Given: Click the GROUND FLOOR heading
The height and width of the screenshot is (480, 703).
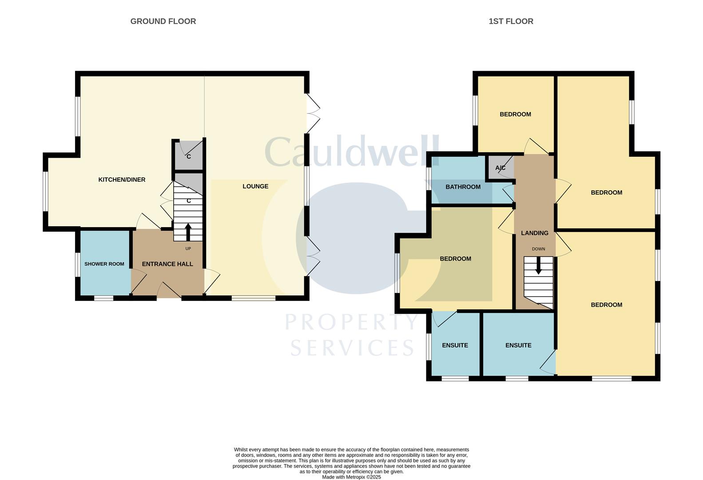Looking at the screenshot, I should click(163, 21).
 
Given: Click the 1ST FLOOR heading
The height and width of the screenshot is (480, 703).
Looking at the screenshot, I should click(511, 21).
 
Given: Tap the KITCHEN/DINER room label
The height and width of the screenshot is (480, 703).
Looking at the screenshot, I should click(122, 180).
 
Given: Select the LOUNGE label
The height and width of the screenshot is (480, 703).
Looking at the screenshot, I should click(255, 186).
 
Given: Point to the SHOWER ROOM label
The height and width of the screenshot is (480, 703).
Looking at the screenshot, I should click(104, 264).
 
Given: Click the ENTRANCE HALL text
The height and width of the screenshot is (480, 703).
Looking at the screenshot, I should click(167, 264).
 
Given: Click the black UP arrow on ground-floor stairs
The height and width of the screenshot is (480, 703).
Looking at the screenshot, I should click(188, 232).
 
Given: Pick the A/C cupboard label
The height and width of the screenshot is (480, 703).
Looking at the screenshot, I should click(500, 168).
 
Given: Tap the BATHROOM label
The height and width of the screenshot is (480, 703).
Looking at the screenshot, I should click(463, 187).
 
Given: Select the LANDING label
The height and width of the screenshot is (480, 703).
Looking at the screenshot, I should click(534, 233).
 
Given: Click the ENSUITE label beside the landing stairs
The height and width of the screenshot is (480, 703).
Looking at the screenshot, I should click(518, 345).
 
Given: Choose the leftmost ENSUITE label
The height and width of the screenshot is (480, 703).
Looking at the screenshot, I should click(455, 345).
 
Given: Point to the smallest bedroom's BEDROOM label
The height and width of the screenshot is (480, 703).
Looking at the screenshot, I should click(515, 114).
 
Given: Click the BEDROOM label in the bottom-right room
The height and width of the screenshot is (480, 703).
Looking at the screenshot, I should click(606, 305).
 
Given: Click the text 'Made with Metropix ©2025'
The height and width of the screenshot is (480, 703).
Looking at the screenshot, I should click(351, 477).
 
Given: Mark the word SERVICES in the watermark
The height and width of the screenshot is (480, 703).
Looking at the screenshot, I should click(352, 348).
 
